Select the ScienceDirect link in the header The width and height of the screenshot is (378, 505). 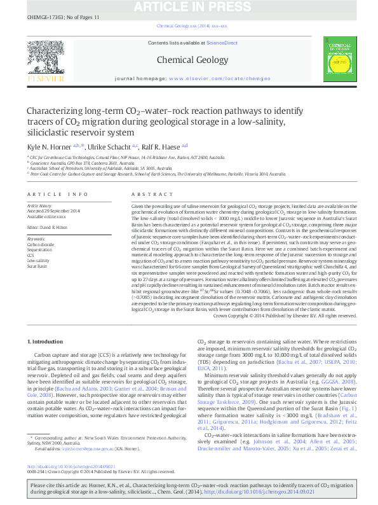pos(222,43)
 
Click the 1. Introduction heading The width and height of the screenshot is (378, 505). pos(45,342)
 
